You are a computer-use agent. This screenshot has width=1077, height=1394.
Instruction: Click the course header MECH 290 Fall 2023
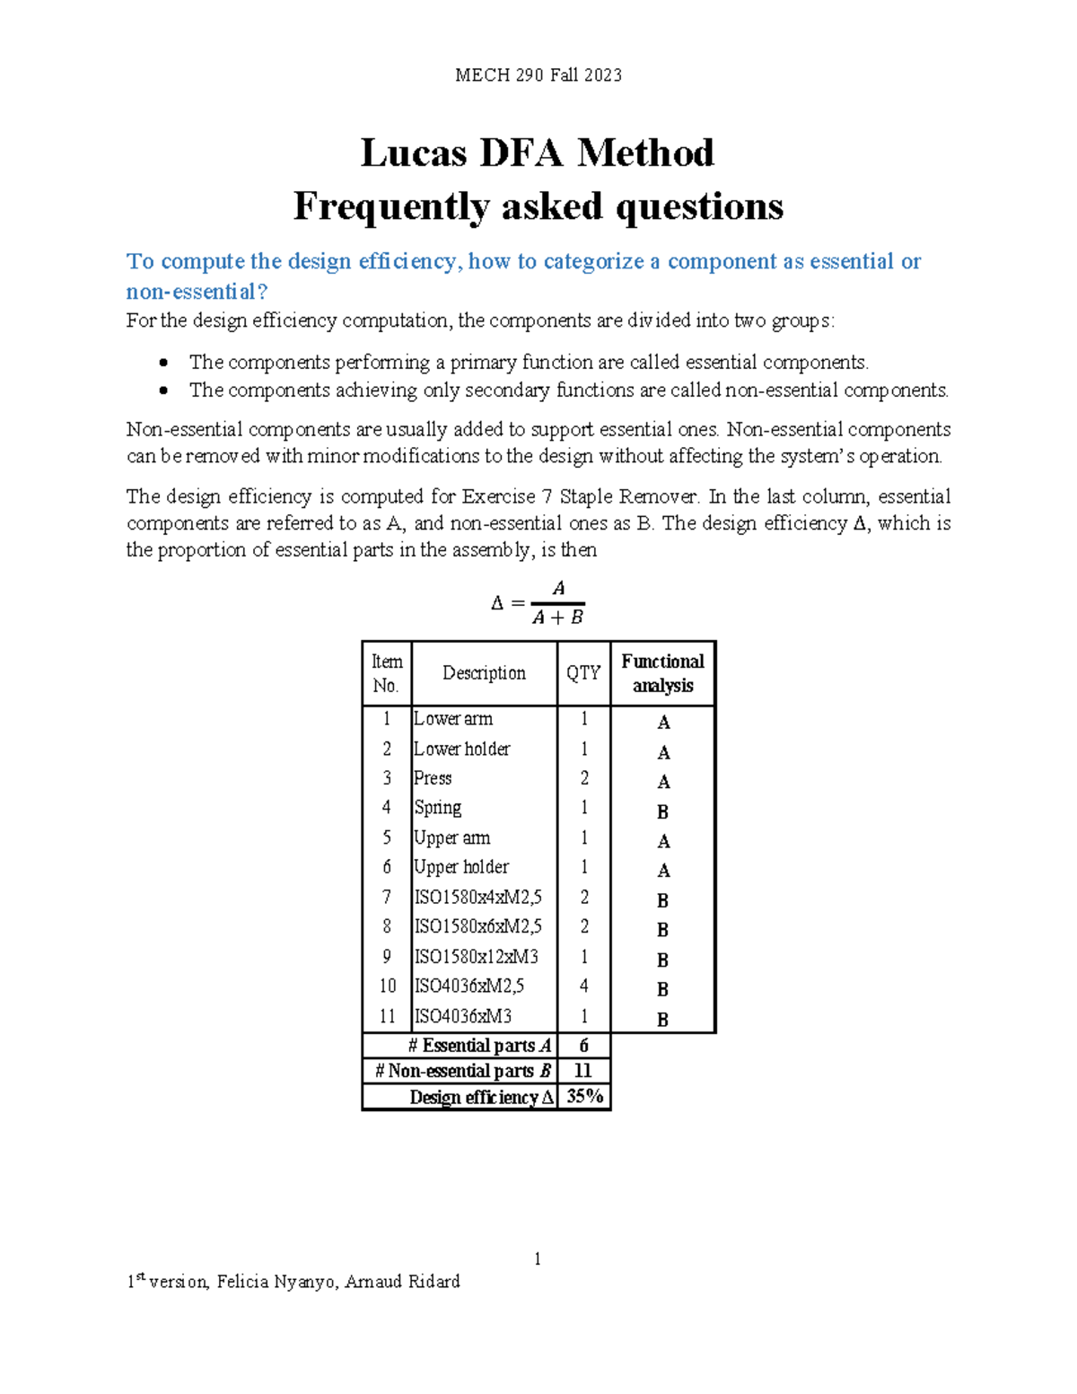[538, 75]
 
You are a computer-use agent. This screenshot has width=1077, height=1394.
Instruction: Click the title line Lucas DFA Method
[537, 153]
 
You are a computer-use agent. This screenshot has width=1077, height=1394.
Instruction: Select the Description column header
[484, 673]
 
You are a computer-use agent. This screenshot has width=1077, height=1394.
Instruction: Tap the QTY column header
[583, 673]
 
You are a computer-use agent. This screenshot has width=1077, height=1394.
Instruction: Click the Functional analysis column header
[662, 673]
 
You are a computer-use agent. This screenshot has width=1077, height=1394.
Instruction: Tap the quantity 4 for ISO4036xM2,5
[584, 986]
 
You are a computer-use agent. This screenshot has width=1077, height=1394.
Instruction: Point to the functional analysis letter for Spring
[662, 811]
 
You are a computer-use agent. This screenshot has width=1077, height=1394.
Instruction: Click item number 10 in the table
[387, 986]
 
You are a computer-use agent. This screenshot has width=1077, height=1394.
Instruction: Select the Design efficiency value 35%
[584, 1096]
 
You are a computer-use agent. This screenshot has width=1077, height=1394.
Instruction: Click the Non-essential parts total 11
[583, 1071]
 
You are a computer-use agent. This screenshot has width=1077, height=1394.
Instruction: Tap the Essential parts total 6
[584, 1046]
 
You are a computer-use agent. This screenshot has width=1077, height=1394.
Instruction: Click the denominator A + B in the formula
[557, 618]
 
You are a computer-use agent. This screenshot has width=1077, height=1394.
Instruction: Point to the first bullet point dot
[163, 363]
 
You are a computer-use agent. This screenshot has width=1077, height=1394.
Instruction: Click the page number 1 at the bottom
[538, 1259]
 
